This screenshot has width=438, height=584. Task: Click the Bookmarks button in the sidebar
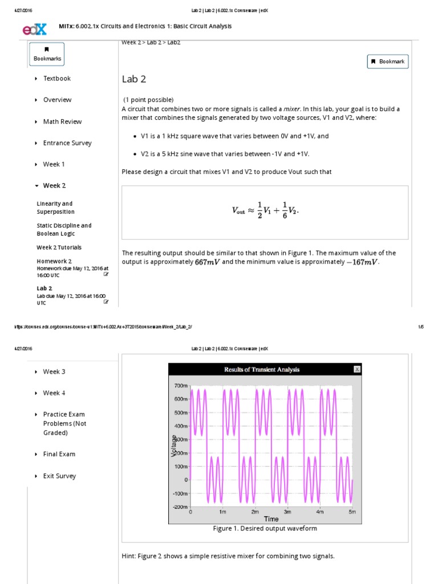(47, 54)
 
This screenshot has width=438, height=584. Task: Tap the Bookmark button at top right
(388, 62)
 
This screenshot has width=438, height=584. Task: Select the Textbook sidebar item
(56, 79)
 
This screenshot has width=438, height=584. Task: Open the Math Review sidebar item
(62, 121)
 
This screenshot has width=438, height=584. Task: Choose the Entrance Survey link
(67, 143)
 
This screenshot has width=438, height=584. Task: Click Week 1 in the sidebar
(54, 164)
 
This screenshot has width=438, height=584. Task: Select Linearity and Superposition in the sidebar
(55, 208)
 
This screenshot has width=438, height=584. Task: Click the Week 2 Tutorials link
(59, 248)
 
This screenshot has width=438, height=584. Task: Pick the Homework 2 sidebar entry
(54, 261)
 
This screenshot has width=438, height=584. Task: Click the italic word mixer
(291, 109)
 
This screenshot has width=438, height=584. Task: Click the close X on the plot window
(357, 370)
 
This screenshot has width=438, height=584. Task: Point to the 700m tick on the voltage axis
(180, 386)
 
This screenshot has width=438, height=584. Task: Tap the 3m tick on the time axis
(287, 512)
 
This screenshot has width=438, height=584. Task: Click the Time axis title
(271, 519)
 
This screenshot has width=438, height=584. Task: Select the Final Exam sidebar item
(59, 455)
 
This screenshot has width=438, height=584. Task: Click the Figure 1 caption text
(265, 529)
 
